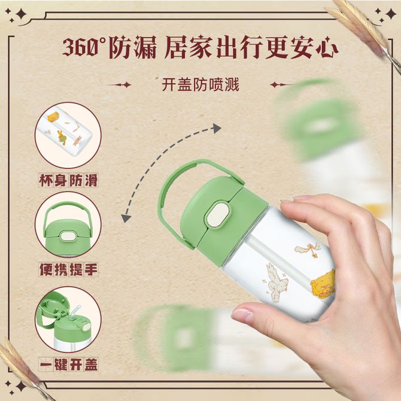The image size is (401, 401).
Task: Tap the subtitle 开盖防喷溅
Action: click(200, 84)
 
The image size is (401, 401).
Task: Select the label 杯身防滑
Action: click(68, 180)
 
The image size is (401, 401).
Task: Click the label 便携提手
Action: click(68, 269)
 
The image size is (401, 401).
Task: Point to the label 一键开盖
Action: click(68, 364)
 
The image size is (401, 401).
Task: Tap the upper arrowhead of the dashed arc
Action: click(217, 129)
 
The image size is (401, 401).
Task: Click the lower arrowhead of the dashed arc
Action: click(126, 218)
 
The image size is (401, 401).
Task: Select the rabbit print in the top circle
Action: click(62, 138)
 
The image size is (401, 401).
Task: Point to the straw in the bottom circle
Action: click(76, 311)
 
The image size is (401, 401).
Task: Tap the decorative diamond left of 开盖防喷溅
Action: click(127, 84)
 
